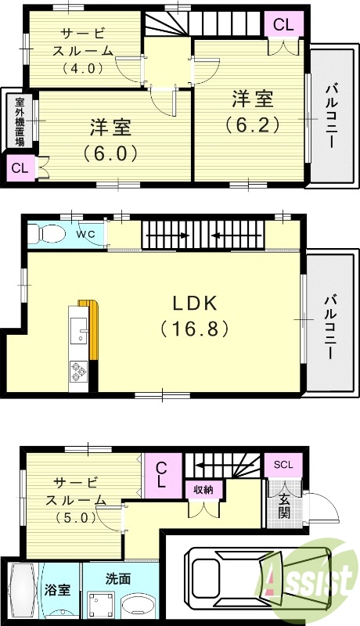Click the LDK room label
[x=195, y=304]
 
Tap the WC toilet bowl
[x=47, y=233]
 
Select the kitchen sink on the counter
[x=78, y=330]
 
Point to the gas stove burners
[x=78, y=372]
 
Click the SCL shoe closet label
[x=283, y=465]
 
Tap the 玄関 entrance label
[x=284, y=506]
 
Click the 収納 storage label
[x=203, y=490]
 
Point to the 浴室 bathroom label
[x=58, y=590]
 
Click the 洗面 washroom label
[x=118, y=578]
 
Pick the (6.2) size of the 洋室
[x=253, y=125]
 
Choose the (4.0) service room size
[x=84, y=68]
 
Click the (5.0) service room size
[x=77, y=518]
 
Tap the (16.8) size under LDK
[x=195, y=329]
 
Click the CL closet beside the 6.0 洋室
[x=20, y=168]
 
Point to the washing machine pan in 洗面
[x=100, y=604]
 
